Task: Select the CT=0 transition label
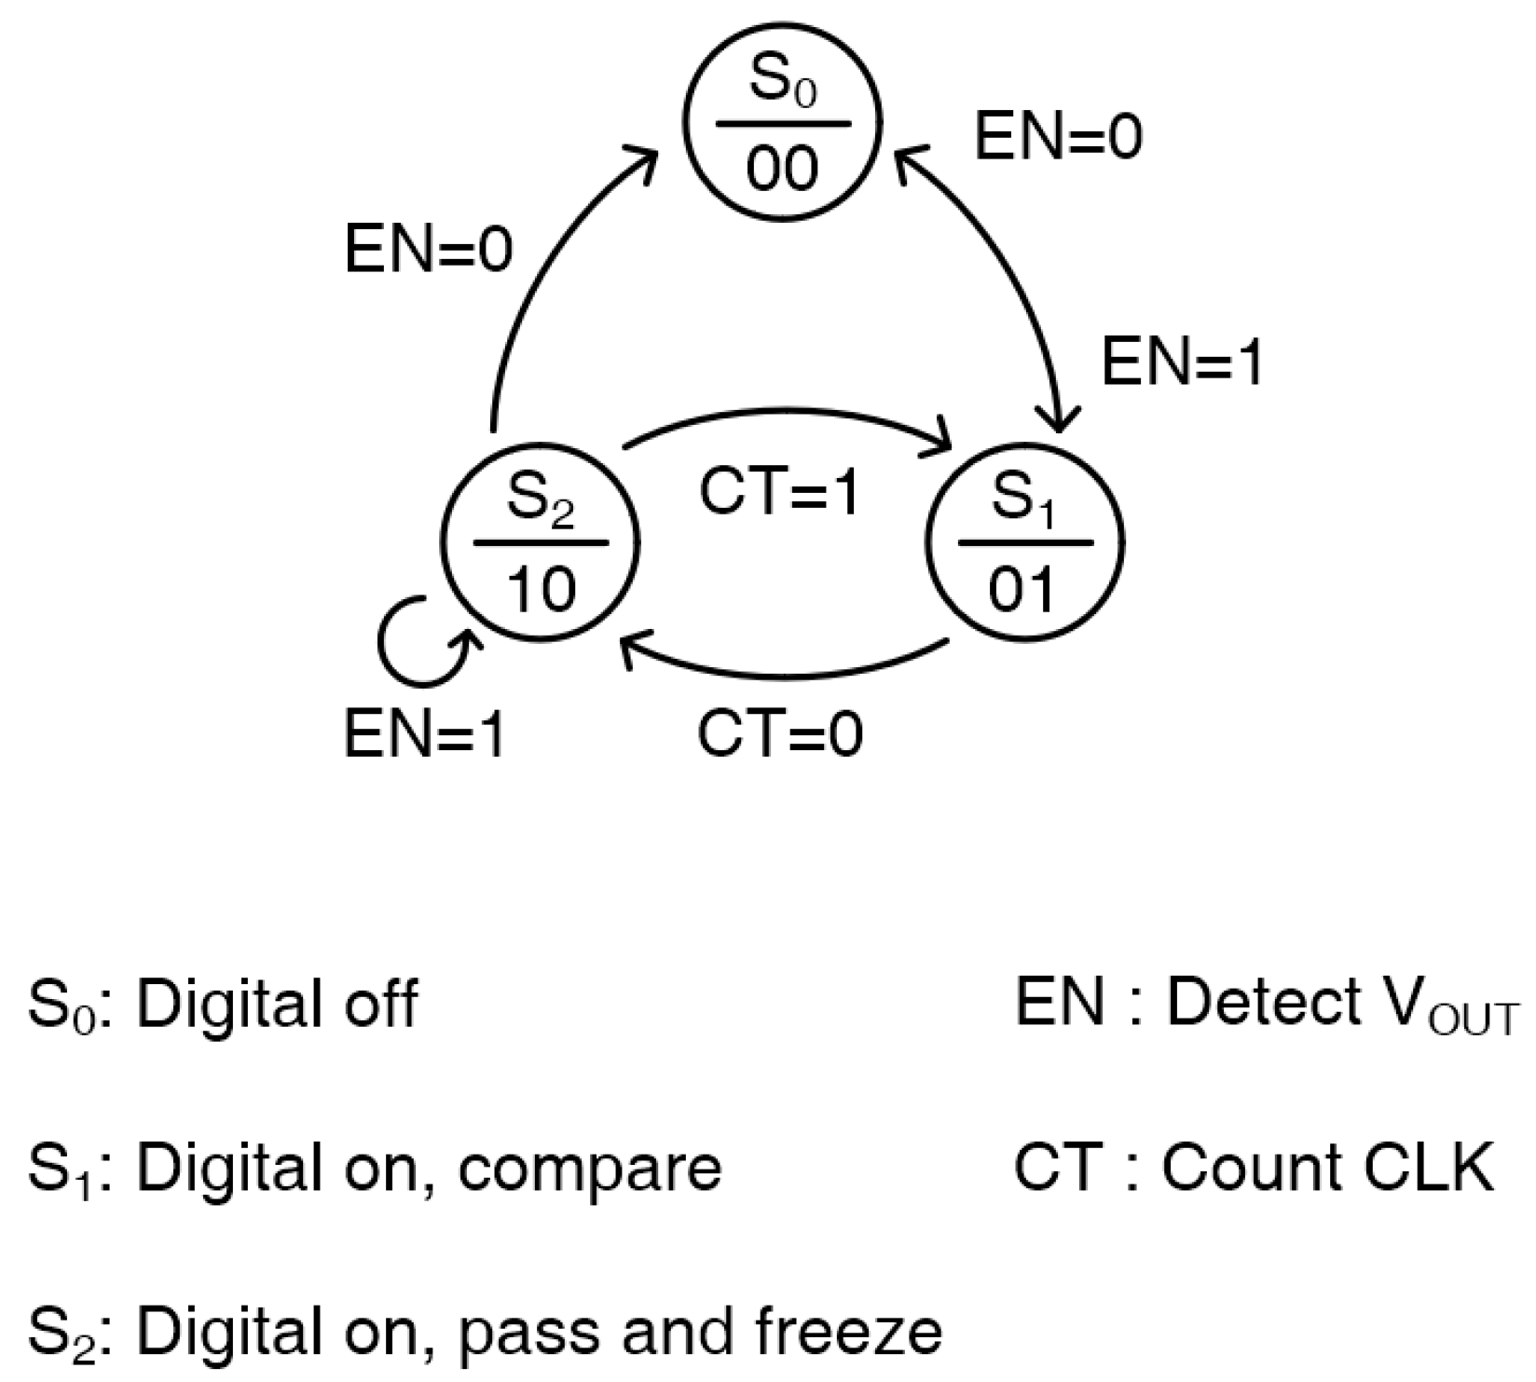(780, 734)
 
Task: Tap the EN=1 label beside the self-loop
(425, 734)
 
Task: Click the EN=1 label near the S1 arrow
(1182, 362)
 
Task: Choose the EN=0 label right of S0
(1058, 137)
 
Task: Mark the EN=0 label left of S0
(429, 250)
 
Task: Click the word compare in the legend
(589, 1167)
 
